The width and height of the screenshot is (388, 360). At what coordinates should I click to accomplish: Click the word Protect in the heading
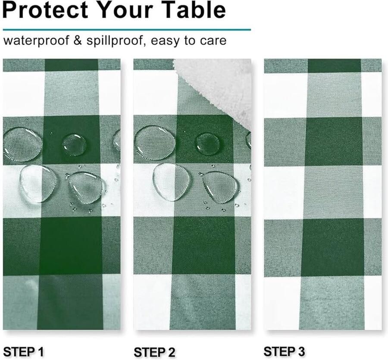45,10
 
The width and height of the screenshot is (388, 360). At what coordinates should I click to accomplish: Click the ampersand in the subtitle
78,40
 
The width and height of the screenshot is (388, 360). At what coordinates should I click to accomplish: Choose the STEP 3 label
284,351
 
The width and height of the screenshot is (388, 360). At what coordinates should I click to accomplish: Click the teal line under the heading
127,30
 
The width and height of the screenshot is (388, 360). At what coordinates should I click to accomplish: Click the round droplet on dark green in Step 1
74,145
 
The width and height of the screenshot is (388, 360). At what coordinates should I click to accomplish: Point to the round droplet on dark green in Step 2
208,144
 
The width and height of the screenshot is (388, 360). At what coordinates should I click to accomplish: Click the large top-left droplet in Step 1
22,144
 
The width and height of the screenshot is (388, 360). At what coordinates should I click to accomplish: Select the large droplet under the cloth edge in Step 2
154,144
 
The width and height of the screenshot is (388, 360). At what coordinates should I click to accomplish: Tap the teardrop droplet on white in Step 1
38,184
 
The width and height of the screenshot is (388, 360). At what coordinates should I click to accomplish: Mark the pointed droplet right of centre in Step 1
88,188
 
